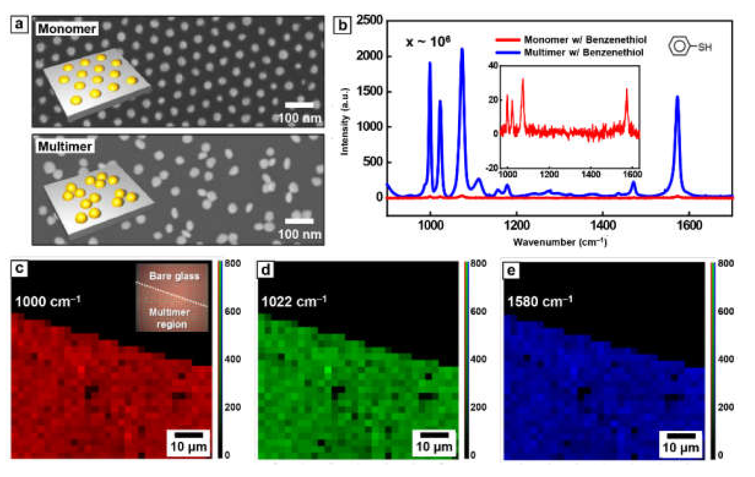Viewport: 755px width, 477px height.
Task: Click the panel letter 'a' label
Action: [x=19, y=24]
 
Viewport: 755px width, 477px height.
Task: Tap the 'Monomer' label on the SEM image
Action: [x=67, y=29]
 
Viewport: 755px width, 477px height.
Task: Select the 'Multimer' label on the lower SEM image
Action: [x=65, y=146]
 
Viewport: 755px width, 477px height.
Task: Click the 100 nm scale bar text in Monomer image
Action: [x=299, y=118]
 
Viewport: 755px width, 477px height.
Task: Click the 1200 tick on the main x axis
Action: [x=517, y=225]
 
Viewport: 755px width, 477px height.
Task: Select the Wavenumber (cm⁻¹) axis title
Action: [x=560, y=242]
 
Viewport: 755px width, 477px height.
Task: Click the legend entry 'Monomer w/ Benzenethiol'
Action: [x=585, y=40]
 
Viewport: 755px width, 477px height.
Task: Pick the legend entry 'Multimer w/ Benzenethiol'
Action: [x=583, y=52]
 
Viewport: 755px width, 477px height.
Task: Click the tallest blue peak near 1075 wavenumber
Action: [x=462, y=50]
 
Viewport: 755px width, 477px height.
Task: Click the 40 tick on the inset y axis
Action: [x=494, y=66]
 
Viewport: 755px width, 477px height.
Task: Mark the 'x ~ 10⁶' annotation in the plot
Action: [x=428, y=42]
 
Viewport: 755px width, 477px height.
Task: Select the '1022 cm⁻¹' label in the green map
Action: [x=294, y=301]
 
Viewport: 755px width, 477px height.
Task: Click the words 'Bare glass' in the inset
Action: [x=174, y=276]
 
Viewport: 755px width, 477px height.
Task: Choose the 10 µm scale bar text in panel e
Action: [x=681, y=448]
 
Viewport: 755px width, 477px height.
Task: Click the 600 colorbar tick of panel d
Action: [x=478, y=311]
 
